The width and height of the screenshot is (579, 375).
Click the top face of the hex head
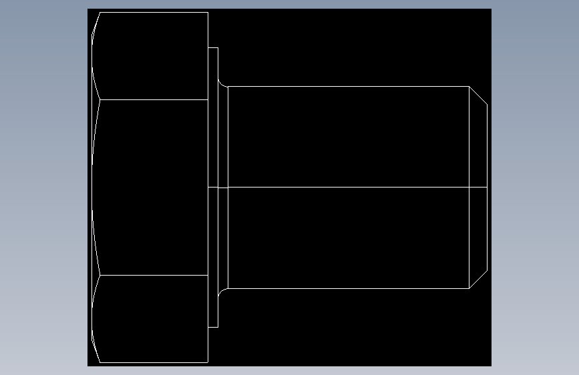[152, 56]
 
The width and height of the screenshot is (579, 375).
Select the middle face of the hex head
[152, 187]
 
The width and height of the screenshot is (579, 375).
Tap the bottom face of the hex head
[152, 318]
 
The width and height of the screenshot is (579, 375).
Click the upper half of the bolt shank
[347, 137]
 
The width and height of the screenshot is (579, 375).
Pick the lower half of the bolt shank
[347, 238]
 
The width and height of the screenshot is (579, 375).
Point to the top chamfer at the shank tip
[478, 95]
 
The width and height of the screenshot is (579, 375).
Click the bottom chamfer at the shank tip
[478, 280]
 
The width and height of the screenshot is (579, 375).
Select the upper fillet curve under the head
[222, 84]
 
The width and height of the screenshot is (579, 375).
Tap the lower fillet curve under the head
[222, 291]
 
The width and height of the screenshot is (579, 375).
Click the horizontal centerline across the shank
[347, 187]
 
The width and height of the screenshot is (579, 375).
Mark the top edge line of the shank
[347, 87]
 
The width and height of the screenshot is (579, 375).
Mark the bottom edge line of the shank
[347, 288]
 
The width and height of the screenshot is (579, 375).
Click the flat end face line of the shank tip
[487, 187]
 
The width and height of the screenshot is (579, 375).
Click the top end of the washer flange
[213, 48]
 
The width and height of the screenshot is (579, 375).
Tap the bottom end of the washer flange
[213, 327]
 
